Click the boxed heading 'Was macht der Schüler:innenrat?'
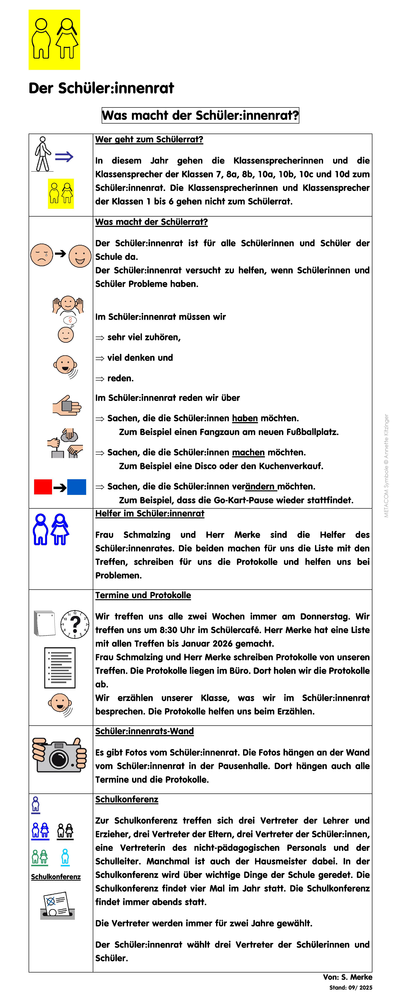point(200,115)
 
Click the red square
point(43,487)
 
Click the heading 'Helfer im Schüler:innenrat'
point(150,514)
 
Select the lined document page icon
point(60,668)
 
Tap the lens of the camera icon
point(59,758)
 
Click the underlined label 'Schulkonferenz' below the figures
point(56,877)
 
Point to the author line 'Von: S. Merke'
point(347,977)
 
